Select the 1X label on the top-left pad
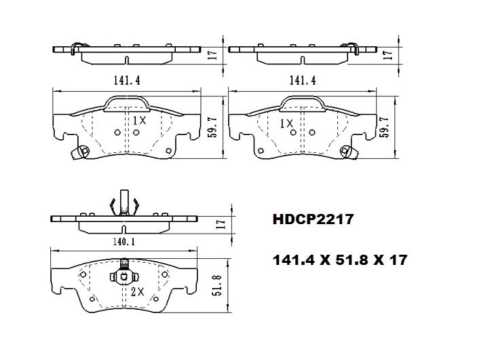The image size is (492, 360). pos(138,121)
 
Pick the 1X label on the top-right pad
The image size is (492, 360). pos(286,124)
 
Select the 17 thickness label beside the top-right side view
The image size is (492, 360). pos(387,53)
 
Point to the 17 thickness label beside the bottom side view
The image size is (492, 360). pos(219,223)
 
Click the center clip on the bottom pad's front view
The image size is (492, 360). pos(124,274)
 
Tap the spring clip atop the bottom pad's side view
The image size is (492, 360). pos(124,201)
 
